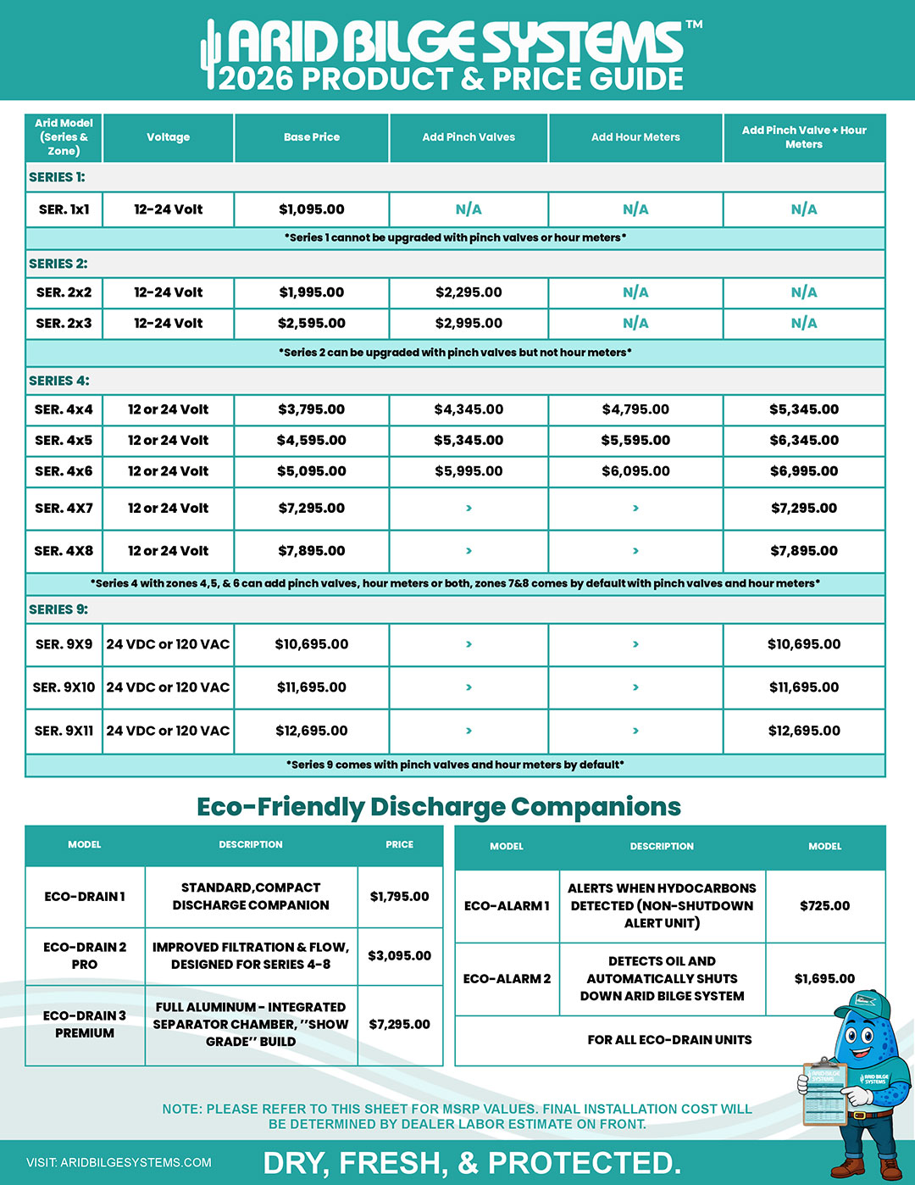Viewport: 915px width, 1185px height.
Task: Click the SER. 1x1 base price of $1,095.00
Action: [312, 209]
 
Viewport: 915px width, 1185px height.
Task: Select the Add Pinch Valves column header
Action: [469, 137]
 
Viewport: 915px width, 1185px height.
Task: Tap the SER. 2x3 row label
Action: [64, 323]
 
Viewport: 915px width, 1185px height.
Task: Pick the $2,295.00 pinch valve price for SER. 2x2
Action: [469, 292]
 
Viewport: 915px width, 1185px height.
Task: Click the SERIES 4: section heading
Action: [59, 381]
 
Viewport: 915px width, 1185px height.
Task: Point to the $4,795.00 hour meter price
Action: [635, 409]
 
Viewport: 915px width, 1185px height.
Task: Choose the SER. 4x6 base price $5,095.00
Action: [312, 471]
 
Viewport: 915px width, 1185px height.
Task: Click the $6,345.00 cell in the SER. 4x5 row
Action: [804, 441]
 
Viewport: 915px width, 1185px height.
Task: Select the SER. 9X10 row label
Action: [64, 687]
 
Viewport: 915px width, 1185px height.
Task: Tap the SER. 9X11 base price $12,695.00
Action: [312, 731]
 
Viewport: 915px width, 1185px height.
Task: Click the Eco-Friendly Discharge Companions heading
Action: [439, 807]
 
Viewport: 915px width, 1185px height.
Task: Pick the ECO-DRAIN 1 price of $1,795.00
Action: [399, 896]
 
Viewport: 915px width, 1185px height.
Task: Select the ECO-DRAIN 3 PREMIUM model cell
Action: [85, 1024]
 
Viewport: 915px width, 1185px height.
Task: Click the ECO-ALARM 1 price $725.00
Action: [824, 905]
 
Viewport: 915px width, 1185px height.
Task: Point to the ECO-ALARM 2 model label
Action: [507, 978]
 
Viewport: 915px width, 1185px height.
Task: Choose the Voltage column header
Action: [168, 137]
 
